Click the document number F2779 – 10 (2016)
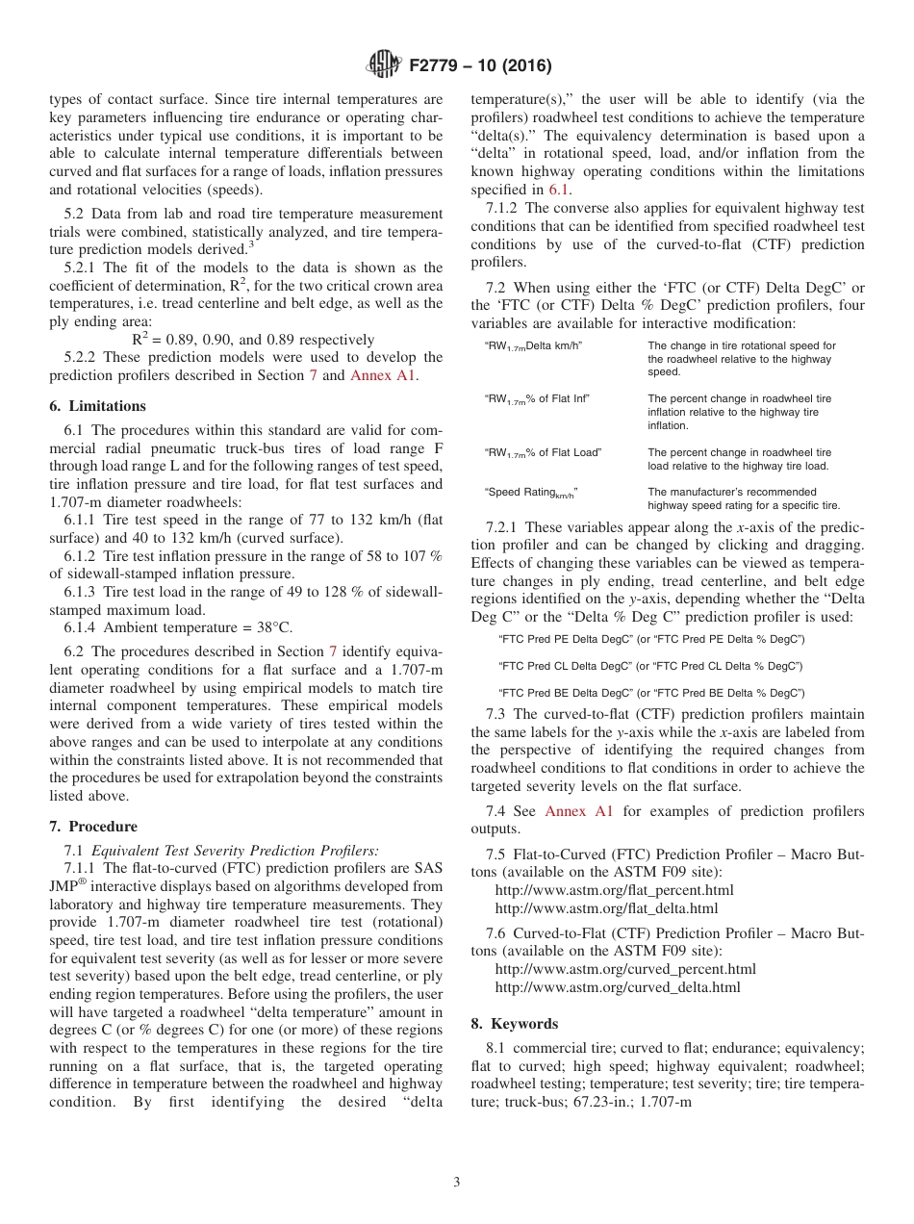pyautogui.click(x=479, y=66)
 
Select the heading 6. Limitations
pyautogui.click(x=97, y=406)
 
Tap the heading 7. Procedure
pyautogui.click(x=93, y=827)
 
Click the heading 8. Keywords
pyautogui.click(x=514, y=1024)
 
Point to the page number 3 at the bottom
pyautogui.click(x=456, y=1183)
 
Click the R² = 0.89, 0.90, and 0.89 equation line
pyautogui.click(x=252, y=339)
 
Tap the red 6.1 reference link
pyautogui.click(x=558, y=191)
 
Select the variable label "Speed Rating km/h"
pyautogui.click(x=531, y=493)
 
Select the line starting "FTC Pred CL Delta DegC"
pyautogui.click(x=651, y=666)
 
